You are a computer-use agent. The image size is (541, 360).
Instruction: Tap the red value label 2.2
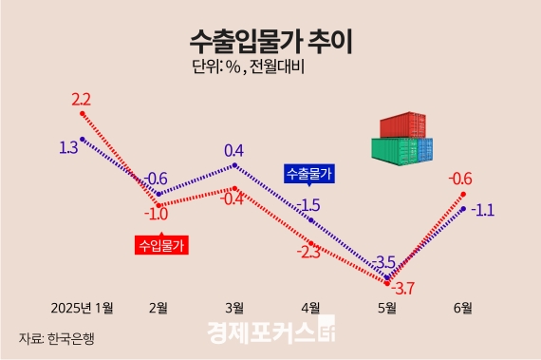click(x=80, y=99)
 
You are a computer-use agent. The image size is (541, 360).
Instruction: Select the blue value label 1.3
click(x=68, y=147)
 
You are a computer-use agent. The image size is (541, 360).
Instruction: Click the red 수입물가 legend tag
click(x=162, y=244)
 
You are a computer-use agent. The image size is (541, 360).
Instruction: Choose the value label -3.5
click(x=383, y=262)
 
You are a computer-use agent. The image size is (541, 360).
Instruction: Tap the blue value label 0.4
click(x=234, y=150)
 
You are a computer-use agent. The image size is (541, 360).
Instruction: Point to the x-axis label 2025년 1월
click(x=83, y=307)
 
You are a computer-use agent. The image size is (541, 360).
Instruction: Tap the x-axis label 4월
click(x=310, y=307)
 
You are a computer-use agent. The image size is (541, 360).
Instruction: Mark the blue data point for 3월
click(x=234, y=165)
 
